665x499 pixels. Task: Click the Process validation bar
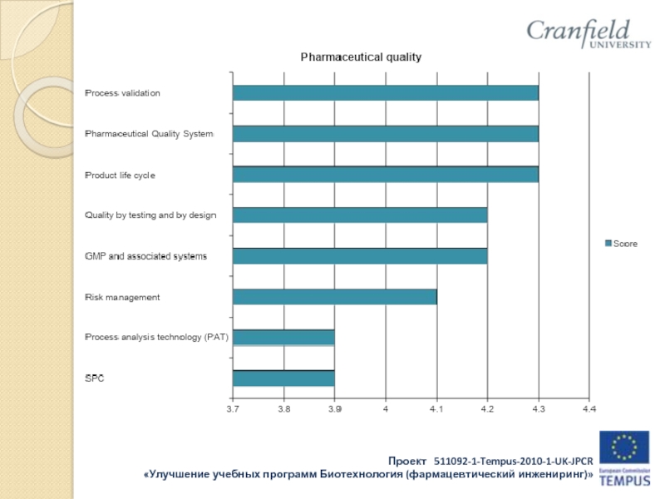pos(386,93)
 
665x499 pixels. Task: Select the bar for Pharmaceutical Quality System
pos(386,134)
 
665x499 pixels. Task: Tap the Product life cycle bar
pos(386,175)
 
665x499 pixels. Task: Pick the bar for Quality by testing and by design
pos(360,215)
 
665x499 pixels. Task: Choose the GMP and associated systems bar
pos(360,256)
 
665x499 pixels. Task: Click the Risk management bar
pos(334,297)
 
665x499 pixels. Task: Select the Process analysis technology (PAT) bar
pos(283,338)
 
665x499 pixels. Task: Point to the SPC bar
pos(283,378)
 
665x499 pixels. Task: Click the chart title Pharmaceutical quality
pos(361,57)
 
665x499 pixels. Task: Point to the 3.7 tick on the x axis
pos(233,408)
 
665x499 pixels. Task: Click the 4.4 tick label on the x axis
pos(589,408)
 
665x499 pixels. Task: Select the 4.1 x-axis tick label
pos(436,408)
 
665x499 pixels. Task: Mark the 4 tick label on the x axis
pos(386,408)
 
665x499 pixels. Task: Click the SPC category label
pos(95,378)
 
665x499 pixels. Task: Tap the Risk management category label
pos(122,297)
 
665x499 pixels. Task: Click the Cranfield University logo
pos(588,35)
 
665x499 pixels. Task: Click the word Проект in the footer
pos(407,460)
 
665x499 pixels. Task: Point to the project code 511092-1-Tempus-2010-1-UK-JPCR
pos(513,460)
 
